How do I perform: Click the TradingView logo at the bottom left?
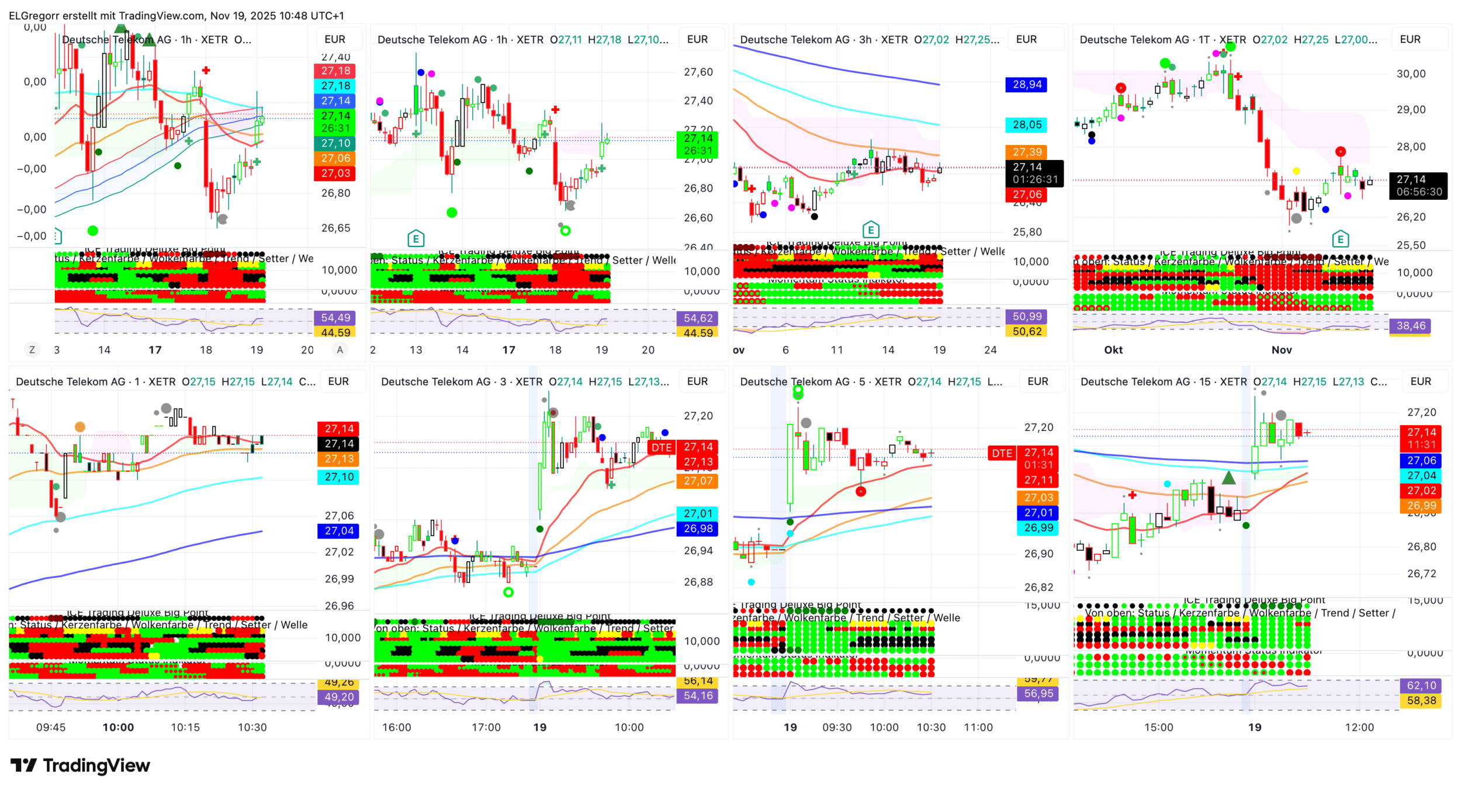[x=80, y=765]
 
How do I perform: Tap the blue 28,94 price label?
[x=1027, y=85]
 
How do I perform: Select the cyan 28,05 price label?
[x=1027, y=124]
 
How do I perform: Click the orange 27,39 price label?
[x=1027, y=152]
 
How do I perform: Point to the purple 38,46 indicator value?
[x=1411, y=326]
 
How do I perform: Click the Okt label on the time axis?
[x=1113, y=350]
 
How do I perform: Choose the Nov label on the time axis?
[x=1282, y=350]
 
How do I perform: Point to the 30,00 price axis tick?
[x=1411, y=74]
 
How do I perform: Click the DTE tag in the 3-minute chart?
[x=662, y=447]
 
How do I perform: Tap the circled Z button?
[x=32, y=350]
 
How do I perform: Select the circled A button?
[x=340, y=350]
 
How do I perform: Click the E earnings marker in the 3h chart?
[x=871, y=230]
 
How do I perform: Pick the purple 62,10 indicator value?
[x=1421, y=686]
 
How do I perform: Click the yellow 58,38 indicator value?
[x=1421, y=700]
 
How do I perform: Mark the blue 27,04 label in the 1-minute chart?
[x=339, y=531]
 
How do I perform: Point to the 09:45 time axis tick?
[x=51, y=727]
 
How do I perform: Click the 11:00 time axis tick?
[x=978, y=727]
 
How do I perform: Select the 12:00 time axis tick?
[x=1359, y=727]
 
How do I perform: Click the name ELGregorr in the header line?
[x=33, y=16]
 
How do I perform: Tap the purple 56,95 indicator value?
[x=1038, y=694]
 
